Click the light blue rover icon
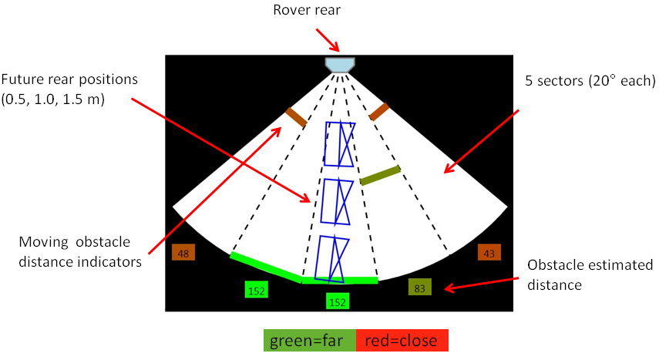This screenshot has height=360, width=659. click(x=340, y=64)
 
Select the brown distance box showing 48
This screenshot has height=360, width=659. click(x=184, y=253)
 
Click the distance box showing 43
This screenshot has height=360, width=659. click(x=489, y=252)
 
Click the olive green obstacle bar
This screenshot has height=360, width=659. click(x=380, y=175)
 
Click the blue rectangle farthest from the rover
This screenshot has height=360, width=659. click(x=333, y=258)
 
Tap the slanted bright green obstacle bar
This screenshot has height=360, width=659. click(x=266, y=265)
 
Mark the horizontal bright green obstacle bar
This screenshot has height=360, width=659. click(x=340, y=281)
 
